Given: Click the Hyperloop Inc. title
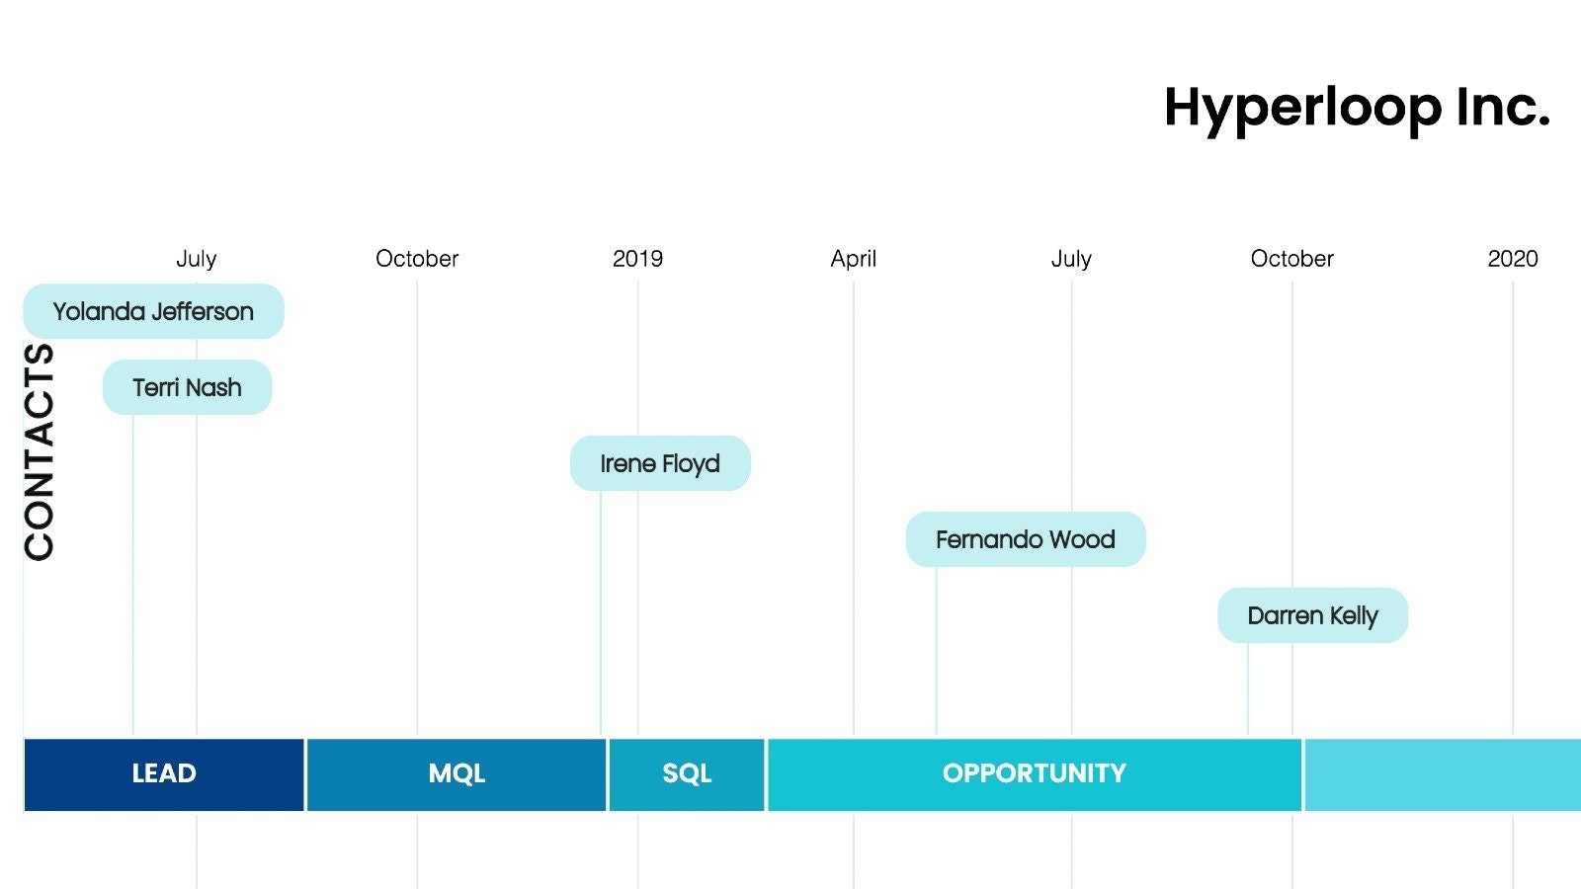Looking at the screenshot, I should pyautogui.click(x=1357, y=108).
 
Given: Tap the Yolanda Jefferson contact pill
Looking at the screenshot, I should pyautogui.click(x=153, y=312).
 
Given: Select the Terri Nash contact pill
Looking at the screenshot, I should pyautogui.click(x=187, y=387).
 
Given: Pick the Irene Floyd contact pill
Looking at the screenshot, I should pyautogui.click(x=660, y=463).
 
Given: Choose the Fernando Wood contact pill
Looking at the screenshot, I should pyautogui.click(x=1025, y=539).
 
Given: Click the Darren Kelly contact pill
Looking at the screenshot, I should pyautogui.click(x=1312, y=615).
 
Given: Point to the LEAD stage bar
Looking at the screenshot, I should pyautogui.click(x=164, y=774).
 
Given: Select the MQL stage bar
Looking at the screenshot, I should pyautogui.click(x=457, y=774).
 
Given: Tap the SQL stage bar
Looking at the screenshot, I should pyautogui.click(x=687, y=774).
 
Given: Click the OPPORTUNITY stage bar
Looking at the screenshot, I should pyautogui.click(x=1034, y=774).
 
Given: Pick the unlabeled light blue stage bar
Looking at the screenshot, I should pyautogui.click(x=1443, y=774).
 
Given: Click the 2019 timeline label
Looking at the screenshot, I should pyautogui.click(x=637, y=259).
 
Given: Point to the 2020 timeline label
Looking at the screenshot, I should pyautogui.click(x=1512, y=259).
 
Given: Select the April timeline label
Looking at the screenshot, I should pyautogui.click(x=853, y=259).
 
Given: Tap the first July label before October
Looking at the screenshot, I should pyautogui.click(x=196, y=259).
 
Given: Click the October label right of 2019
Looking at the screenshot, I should pyautogui.click(x=1291, y=259).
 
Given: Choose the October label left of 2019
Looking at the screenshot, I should pyautogui.click(x=417, y=259).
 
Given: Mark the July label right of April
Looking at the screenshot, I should pyautogui.click(x=1071, y=259).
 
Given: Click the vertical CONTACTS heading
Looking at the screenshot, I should pyautogui.click(x=40, y=451).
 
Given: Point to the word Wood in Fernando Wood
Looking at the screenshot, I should pyautogui.click(x=1082, y=539).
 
